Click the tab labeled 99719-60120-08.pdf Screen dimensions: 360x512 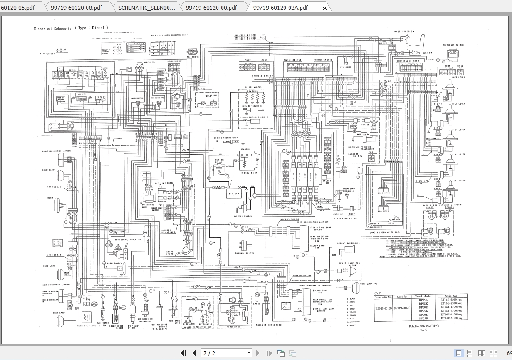(x=76, y=8)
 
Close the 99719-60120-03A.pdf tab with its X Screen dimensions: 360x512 (x=325, y=8)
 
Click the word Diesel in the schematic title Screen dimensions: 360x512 (x=98, y=28)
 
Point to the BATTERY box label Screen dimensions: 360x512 (x=234, y=194)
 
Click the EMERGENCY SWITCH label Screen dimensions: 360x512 (x=453, y=45)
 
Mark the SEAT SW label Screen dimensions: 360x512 (x=427, y=52)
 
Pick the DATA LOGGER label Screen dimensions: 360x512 (x=345, y=67)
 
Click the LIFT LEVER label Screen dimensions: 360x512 (x=458, y=77)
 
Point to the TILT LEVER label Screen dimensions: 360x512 (x=458, y=104)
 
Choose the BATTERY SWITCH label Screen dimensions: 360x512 (x=243, y=216)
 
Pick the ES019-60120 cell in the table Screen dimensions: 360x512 (x=383, y=308)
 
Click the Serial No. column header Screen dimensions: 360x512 (x=451, y=296)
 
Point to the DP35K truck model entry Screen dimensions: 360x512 (x=423, y=318)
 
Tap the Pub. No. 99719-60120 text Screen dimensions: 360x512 (x=424, y=327)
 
